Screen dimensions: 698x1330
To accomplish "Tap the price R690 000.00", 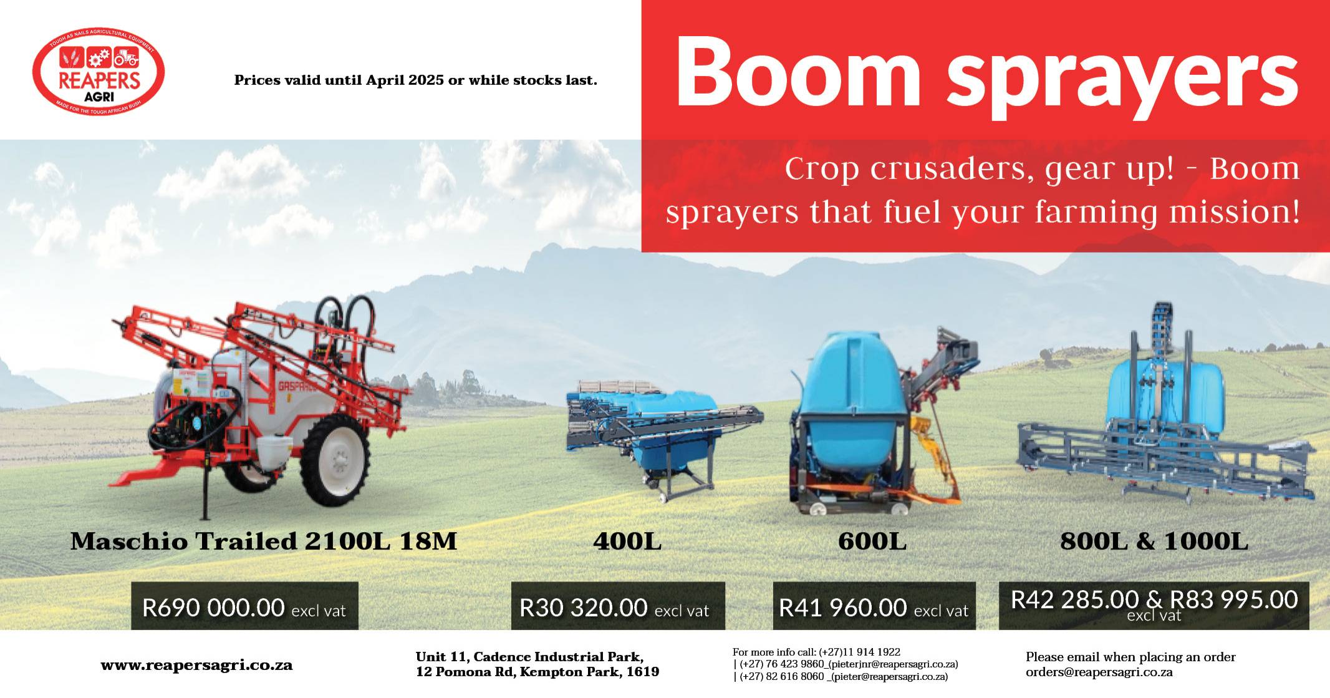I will (213, 607).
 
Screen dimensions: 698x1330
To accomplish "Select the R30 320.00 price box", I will (617, 607).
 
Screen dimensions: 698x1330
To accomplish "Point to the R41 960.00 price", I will (842, 607).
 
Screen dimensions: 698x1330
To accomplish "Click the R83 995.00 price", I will (1234, 599).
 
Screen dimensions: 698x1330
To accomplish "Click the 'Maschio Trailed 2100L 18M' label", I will (264, 541).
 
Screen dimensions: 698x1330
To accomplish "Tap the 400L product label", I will (627, 541).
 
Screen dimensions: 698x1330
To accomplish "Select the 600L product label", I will (872, 541).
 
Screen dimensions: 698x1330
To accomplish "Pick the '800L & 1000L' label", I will (1154, 541).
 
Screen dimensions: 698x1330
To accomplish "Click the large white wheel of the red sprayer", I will (335, 462).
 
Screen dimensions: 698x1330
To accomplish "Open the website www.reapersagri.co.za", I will (196, 665).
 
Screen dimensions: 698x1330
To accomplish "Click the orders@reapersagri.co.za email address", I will (1099, 672).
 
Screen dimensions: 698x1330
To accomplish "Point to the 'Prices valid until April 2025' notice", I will (415, 80).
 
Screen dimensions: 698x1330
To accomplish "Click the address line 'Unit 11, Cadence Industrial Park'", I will (529, 657).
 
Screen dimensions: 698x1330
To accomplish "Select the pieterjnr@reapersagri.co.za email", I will (892, 664).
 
